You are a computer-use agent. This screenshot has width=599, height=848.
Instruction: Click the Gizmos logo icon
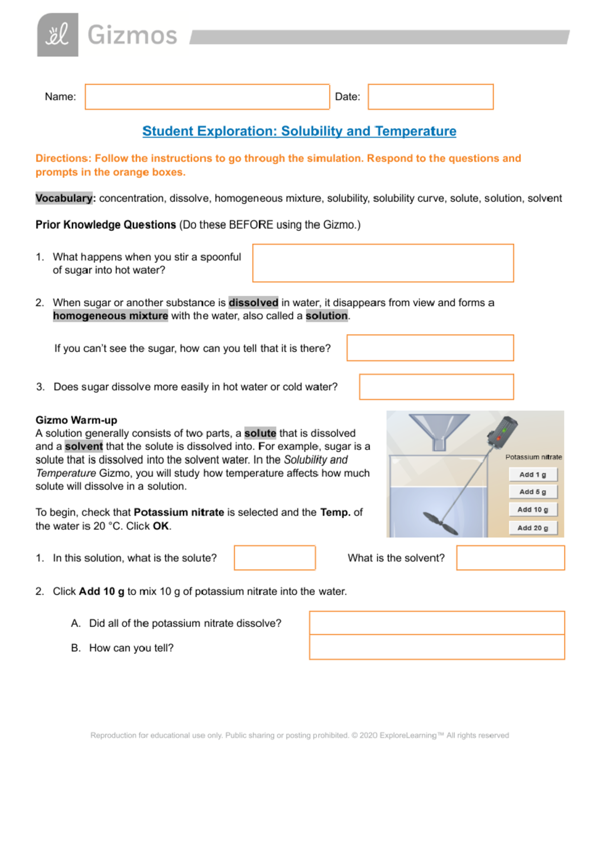click(57, 35)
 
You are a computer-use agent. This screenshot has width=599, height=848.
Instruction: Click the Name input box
click(207, 97)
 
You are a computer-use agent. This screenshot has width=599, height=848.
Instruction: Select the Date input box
click(430, 97)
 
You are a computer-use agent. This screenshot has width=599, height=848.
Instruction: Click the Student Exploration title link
click(299, 131)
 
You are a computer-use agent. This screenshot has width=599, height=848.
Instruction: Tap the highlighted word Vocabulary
click(64, 198)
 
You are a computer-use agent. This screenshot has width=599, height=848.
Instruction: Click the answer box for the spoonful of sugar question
click(383, 263)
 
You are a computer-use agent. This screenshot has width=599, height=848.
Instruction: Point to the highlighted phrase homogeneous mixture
click(110, 316)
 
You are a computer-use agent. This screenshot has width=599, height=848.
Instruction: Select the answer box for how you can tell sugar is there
click(430, 348)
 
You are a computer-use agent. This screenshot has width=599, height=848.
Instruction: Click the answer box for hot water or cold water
click(436, 387)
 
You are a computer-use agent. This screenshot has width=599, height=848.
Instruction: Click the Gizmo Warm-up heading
click(76, 420)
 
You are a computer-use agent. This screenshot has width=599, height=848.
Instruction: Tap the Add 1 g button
click(533, 474)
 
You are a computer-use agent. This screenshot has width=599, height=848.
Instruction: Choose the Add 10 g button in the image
click(533, 509)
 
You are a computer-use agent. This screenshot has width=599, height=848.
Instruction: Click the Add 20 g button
click(533, 528)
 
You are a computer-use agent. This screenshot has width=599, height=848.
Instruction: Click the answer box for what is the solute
click(275, 558)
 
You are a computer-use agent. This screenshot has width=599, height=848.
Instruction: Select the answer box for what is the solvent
click(510, 558)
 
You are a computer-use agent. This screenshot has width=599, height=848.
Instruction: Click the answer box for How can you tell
click(437, 647)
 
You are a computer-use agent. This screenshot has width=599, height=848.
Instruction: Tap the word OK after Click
click(161, 526)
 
